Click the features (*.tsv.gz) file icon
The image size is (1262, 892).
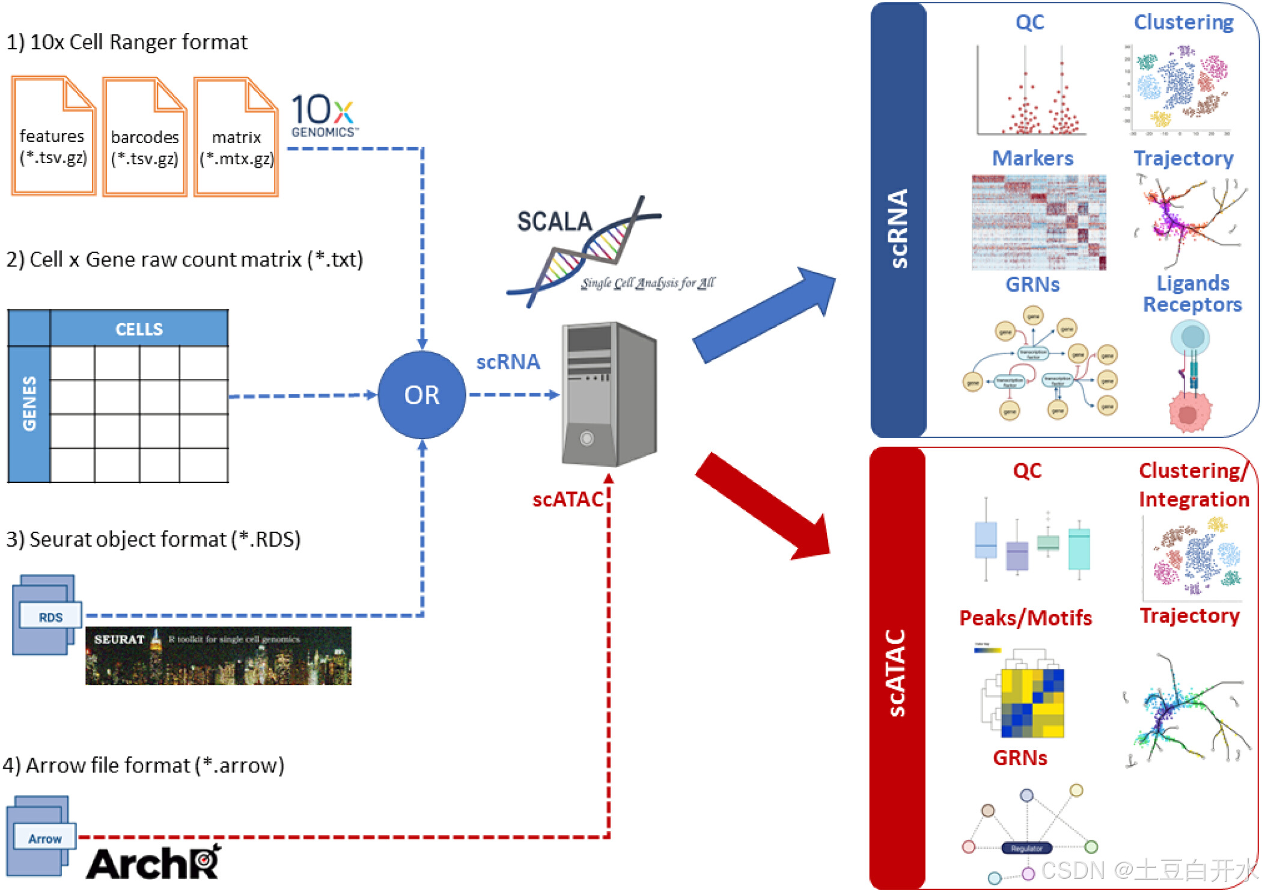click(53, 136)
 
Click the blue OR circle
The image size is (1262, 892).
click(422, 395)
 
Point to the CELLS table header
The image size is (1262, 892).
click(139, 328)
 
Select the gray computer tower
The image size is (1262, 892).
click(608, 395)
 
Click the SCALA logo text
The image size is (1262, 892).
click(554, 222)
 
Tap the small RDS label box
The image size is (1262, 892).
click(50, 617)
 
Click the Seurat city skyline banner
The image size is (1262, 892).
click(218, 656)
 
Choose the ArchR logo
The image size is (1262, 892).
click(154, 864)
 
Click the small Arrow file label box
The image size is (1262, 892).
click(45, 838)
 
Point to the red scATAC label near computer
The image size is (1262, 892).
click(567, 499)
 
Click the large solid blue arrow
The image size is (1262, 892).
click(763, 316)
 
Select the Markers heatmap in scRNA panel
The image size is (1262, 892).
click(1038, 223)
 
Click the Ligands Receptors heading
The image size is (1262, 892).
click(1192, 294)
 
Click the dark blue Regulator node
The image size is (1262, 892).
click(1026, 848)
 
